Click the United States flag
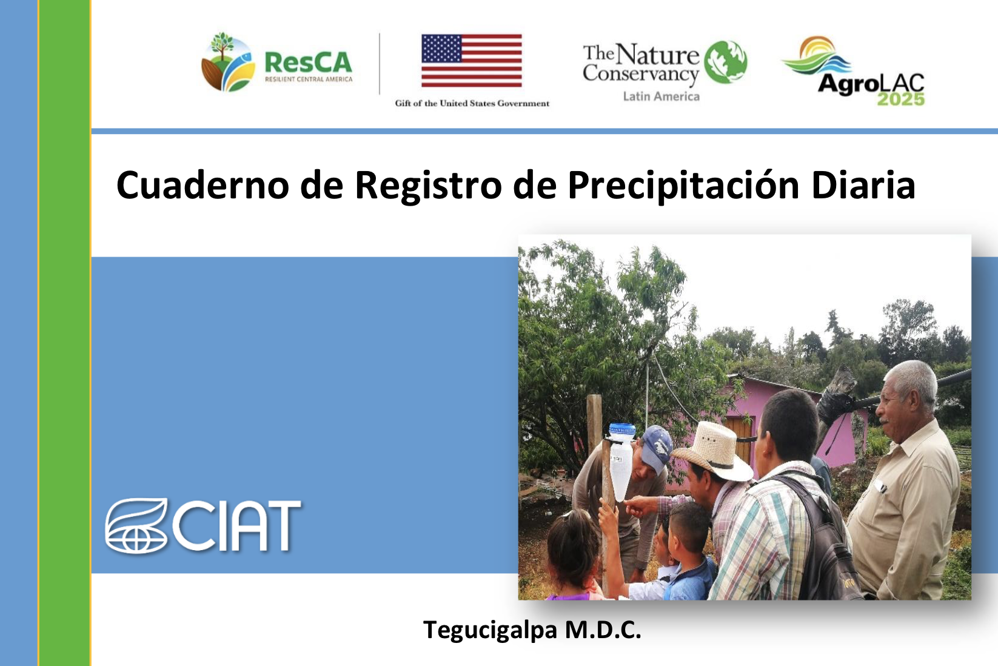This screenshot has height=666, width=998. (x=471, y=61)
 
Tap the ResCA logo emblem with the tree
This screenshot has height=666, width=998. (x=228, y=62)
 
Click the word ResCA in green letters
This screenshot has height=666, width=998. (x=308, y=62)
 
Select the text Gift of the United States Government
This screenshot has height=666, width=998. (x=472, y=104)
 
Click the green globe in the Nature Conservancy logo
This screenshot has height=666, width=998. (x=726, y=62)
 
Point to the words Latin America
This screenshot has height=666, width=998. (x=661, y=96)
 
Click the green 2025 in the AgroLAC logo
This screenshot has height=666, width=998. (x=901, y=99)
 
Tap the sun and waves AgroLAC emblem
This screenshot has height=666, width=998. (x=816, y=55)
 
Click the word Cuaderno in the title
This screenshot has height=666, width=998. (x=203, y=185)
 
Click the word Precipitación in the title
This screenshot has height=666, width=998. (x=683, y=186)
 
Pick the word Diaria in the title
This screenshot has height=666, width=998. (x=863, y=184)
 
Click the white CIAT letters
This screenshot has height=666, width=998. (x=236, y=526)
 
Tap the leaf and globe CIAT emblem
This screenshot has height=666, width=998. (x=136, y=526)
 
